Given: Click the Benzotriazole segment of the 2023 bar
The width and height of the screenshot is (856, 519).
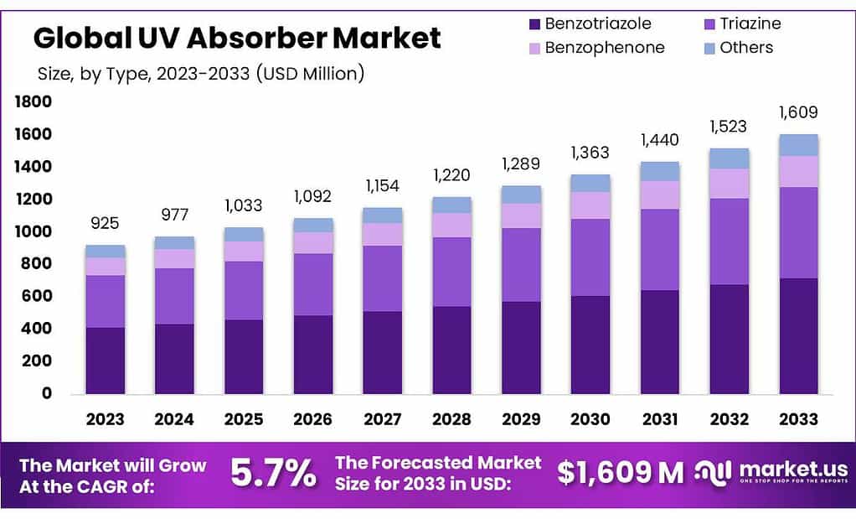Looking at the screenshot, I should point(105,361).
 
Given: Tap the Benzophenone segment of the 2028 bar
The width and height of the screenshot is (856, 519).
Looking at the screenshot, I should point(451,225).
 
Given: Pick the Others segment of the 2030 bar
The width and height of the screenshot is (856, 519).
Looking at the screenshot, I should point(590,183).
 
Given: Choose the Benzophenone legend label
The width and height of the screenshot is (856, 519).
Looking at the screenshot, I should point(604,48).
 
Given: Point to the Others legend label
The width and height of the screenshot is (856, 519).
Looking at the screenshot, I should point(746,48).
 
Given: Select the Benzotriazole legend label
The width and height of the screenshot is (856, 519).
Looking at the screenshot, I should point(597,23).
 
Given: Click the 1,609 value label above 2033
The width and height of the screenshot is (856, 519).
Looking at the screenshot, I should point(798,112).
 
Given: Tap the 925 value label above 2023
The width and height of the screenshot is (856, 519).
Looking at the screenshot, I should point(105,223).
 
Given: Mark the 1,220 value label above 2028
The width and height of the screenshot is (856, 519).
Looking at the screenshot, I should point(451,175).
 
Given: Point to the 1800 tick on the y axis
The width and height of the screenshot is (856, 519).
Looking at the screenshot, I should point(34,102).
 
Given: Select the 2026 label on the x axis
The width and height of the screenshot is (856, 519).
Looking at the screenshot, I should point(312,418).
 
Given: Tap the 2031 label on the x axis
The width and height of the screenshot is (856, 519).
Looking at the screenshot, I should point(660,418).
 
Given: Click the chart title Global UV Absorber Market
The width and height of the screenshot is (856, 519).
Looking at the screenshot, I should point(236,38).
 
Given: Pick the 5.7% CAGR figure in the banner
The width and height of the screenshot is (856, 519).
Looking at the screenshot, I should point(274,474).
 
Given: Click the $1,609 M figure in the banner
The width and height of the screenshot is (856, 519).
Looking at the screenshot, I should point(621,473).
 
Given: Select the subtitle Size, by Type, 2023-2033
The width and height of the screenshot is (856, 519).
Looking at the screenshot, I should point(201,74).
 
